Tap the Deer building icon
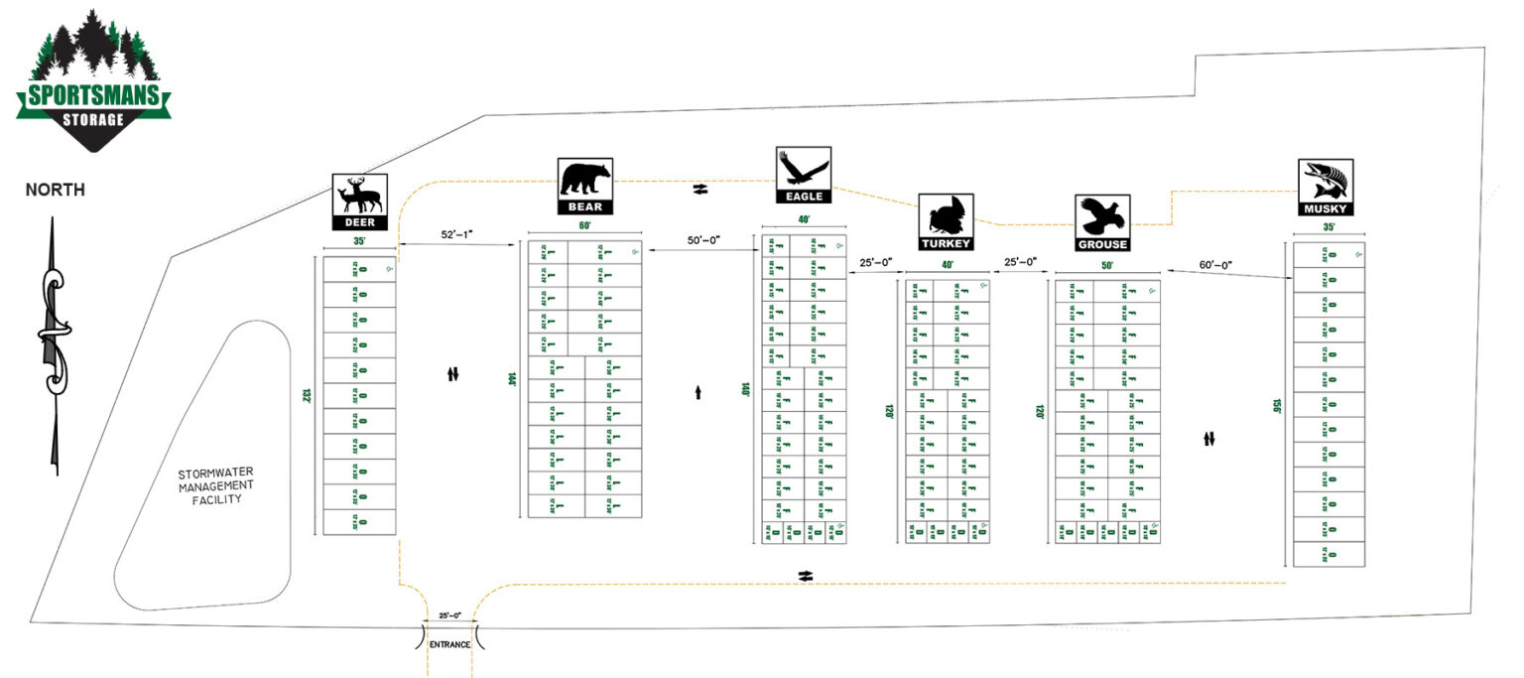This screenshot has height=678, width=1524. tap(359, 202)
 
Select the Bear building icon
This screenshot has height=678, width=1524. tap(585, 186)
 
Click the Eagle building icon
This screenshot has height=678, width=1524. tap(803, 175)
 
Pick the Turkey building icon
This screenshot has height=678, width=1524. tap(945, 221)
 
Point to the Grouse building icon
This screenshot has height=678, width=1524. tap(1102, 222)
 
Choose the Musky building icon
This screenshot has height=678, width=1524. tap(1327, 188)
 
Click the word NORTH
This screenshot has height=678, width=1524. tap(55, 190)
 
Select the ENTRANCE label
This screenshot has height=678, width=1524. tap(449, 645)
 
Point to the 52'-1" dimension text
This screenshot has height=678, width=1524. tap(457, 235)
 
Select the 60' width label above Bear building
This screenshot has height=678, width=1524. tap(584, 226)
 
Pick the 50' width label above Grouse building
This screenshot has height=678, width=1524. tap(1106, 265)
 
